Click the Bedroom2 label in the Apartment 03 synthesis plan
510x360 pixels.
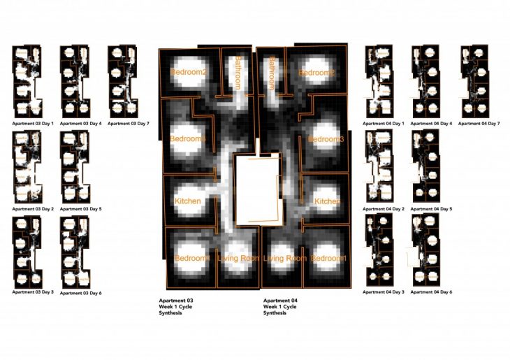pyautogui.click(x=188, y=73)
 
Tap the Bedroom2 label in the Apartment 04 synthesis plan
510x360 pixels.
pyautogui.click(x=316, y=73)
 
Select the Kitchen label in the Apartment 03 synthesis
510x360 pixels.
pyautogui.click(x=187, y=201)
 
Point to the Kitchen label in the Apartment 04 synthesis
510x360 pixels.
pyautogui.click(x=328, y=201)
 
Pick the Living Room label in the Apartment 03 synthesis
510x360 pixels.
pyautogui.click(x=238, y=259)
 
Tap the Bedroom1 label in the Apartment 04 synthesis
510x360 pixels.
pyautogui.click(x=328, y=259)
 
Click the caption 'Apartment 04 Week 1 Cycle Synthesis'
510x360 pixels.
pyautogui.click(x=280, y=307)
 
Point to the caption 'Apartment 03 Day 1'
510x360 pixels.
pyautogui.click(x=33, y=124)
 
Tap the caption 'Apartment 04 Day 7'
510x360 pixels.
pyautogui.click(x=480, y=124)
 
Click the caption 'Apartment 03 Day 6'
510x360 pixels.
pyautogui.click(x=81, y=293)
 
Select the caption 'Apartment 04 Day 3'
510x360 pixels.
pyautogui.click(x=384, y=292)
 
